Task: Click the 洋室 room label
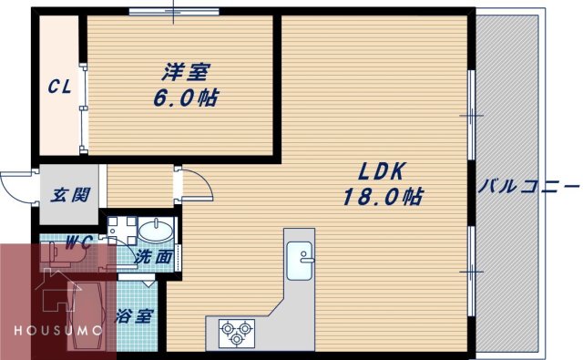tap(183, 70)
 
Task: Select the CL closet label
tap(60, 87)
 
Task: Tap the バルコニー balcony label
tap(528, 187)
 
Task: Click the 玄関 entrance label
tap(69, 194)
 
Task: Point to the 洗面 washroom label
tap(153, 258)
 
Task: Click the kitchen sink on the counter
tap(298, 262)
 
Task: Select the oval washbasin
tap(158, 228)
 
